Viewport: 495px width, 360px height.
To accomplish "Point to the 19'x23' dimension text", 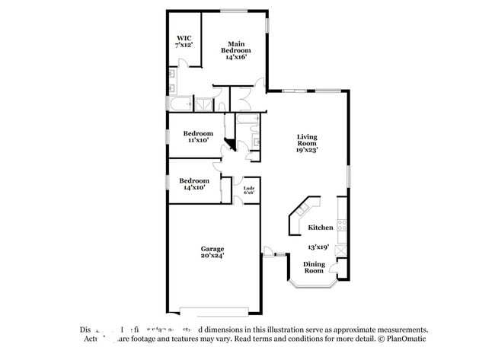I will [307, 150].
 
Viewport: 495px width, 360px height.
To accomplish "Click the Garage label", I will [212, 249].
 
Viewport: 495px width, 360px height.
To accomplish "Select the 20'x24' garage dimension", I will [212, 256].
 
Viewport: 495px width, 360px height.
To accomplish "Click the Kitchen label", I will [320, 228].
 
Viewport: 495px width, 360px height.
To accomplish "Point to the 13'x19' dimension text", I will [319, 247].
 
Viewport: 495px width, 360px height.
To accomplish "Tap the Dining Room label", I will [314, 267].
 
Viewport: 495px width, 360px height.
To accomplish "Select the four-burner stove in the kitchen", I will [342, 225].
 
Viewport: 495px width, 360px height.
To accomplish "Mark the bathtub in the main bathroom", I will [180, 105].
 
